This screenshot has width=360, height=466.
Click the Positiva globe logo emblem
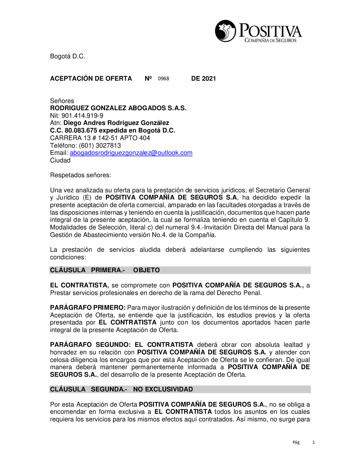click(x=226, y=31)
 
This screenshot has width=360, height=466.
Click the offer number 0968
click(x=163, y=79)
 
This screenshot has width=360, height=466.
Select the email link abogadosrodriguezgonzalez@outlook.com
click(x=131, y=153)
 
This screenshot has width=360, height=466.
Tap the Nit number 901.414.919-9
click(x=82, y=116)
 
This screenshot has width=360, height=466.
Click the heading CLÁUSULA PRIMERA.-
click(x=87, y=270)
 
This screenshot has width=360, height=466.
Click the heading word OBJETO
click(x=147, y=270)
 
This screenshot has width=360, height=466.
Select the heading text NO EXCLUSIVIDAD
click(x=163, y=389)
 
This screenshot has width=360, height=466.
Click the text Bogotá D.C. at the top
click(x=68, y=56)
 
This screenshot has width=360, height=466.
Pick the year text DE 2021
click(x=203, y=79)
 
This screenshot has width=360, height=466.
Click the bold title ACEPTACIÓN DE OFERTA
click(x=91, y=79)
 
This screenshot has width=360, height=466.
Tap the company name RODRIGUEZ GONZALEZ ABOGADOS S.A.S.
click(x=118, y=108)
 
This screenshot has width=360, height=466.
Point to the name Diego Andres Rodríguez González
click(x=116, y=123)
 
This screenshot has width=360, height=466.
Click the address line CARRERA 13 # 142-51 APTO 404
click(x=100, y=138)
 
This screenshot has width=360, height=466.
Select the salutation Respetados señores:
click(x=81, y=175)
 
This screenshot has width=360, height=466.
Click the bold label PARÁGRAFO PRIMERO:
click(x=88, y=308)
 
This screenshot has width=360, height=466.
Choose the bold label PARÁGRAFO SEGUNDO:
click(x=91, y=345)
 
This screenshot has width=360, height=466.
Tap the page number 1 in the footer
click(x=314, y=442)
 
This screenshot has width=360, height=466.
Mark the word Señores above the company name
click(x=62, y=101)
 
